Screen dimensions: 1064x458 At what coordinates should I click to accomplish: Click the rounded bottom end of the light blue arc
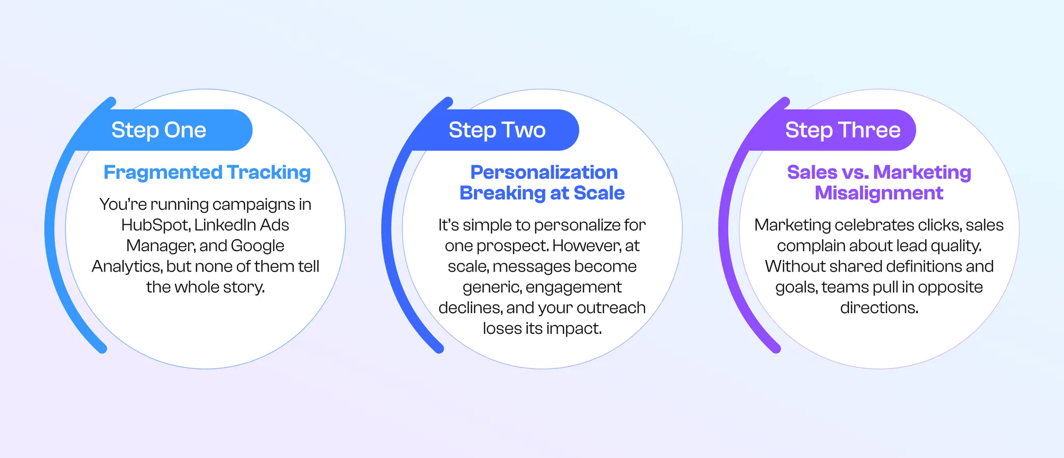coord(102,349)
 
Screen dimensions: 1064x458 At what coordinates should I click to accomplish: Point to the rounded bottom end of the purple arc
coord(776,349)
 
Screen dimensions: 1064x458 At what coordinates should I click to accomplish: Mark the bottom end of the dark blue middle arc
coord(439,349)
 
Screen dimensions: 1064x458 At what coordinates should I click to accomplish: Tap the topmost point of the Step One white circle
coord(206,89)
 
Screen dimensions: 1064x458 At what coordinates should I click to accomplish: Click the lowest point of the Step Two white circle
coord(542,369)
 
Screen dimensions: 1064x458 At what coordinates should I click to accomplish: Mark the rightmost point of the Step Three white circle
coord(1019,229)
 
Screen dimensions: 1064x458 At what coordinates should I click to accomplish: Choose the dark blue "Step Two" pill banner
coord(496,130)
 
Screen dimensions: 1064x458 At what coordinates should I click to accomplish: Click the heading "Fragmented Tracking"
coord(207,172)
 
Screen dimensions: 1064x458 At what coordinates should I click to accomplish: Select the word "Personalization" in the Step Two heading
coord(544,172)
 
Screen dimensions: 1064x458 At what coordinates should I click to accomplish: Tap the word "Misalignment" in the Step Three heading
coord(879,193)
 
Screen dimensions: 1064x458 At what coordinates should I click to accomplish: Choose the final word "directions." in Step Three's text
coord(879,307)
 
